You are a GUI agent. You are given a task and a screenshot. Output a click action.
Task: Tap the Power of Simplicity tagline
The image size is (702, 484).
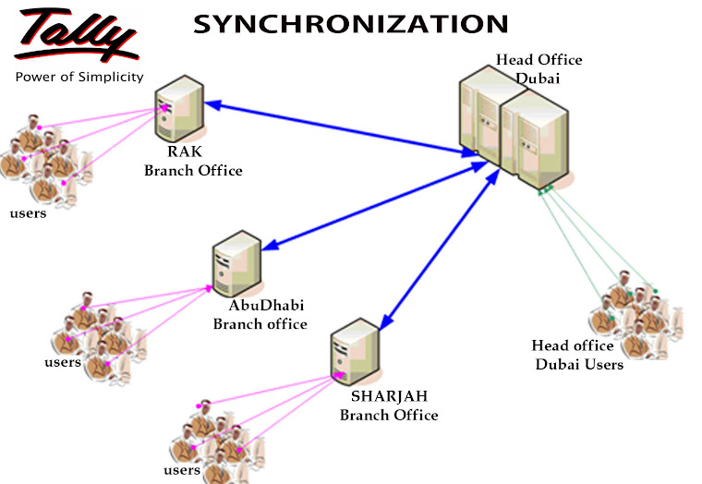point(79,77)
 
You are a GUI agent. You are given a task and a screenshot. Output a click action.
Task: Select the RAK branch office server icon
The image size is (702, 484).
point(178,108)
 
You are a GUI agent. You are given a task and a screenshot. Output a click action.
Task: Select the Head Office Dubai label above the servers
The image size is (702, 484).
point(539,68)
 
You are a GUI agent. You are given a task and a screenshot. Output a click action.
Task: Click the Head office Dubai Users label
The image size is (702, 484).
point(579,355)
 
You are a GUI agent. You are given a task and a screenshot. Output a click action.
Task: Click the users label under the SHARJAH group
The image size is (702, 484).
point(182,469)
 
